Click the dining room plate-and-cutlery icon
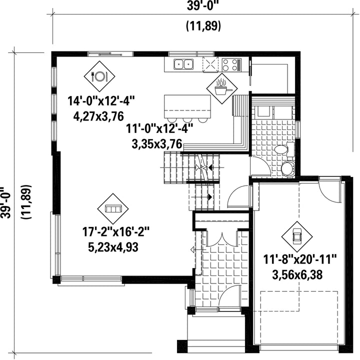99,76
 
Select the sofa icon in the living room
112,208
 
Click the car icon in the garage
297,236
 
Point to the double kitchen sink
183,64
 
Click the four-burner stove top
231,64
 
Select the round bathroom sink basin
288,168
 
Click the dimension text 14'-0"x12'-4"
101,101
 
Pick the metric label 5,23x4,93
113,247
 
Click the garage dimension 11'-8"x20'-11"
300,259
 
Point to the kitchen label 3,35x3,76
157,144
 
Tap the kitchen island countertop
187,106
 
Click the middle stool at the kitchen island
187,120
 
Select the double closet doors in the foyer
222,239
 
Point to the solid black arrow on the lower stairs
209,197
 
